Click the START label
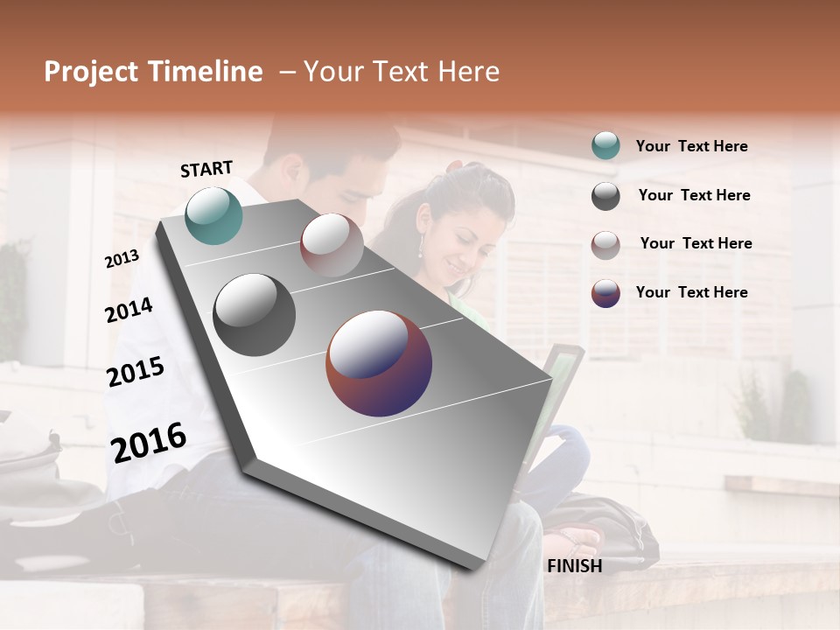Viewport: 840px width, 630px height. [x=206, y=169]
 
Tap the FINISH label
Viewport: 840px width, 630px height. [x=575, y=566]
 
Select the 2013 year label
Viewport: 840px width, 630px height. [x=122, y=258]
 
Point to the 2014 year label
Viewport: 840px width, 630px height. [x=129, y=310]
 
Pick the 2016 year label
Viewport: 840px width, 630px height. [x=149, y=442]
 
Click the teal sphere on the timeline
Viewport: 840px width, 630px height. [x=213, y=215]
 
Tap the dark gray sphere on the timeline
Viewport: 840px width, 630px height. [x=254, y=315]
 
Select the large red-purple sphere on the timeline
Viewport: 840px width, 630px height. [x=379, y=362]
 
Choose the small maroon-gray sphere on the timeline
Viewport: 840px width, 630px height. [x=332, y=245]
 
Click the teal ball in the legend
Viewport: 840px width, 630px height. [x=605, y=146]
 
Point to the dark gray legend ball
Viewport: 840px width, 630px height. [x=605, y=196]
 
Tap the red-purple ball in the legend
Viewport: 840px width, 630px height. [x=605, y=293]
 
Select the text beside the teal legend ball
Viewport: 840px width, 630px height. [x=691, y=146]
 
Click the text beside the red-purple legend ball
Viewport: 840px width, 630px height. [x=691, y=292]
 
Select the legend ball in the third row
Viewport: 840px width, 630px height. [x=605, y=245]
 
